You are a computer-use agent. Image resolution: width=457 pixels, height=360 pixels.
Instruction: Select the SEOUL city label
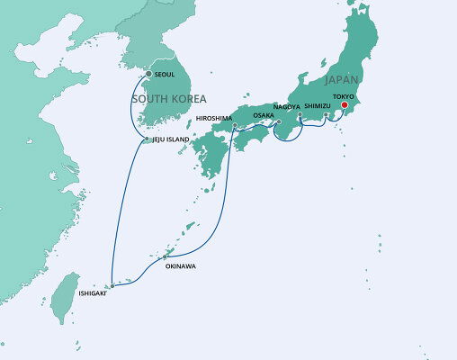165,74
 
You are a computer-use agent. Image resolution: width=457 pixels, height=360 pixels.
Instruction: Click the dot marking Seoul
149,74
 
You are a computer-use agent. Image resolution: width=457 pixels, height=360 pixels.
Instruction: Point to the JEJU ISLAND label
171,139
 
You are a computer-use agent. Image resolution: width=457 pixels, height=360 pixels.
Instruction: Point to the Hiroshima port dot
234,126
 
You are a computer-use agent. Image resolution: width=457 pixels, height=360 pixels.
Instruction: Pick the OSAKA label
264,115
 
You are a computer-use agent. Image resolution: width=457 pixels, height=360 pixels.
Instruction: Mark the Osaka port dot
279,121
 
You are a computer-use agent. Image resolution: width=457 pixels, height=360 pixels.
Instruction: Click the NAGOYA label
287,107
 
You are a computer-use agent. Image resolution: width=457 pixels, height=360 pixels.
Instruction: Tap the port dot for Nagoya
300,114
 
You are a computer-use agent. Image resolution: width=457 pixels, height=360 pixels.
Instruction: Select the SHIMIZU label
318,106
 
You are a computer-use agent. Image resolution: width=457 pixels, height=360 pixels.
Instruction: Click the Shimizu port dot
326,114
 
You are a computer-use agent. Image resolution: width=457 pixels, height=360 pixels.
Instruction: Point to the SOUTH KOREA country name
169,98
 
